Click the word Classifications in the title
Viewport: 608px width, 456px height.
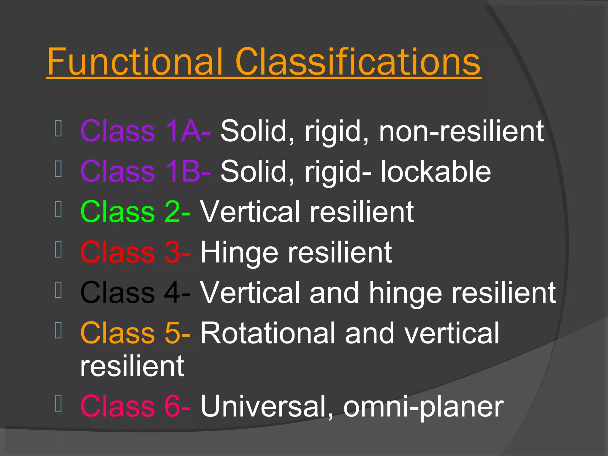click(x=358, y=62)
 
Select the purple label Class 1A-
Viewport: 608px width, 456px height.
click(x=145, y=131)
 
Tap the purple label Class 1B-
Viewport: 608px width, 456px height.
click(x=145, y=172)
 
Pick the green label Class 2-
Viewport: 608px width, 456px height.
click(x=135, y=212)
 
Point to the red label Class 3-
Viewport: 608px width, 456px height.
click(x=135, y=252)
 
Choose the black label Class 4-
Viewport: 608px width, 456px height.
click(x=135, y=293)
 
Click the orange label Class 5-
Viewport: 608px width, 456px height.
click(x=135, y=333)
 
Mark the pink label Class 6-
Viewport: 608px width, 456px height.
click(x=135, y=406)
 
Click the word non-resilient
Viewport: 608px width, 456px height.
click(x=461, y=131)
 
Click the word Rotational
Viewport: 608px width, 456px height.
click(x=267, y=333)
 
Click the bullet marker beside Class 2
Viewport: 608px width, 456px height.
click(x=58, y=209)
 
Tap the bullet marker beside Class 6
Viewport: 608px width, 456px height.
click(x=58, y=404)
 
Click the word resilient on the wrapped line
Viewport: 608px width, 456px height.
click(x=132, y=366)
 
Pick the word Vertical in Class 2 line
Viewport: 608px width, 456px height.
click(x=250, y=212)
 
